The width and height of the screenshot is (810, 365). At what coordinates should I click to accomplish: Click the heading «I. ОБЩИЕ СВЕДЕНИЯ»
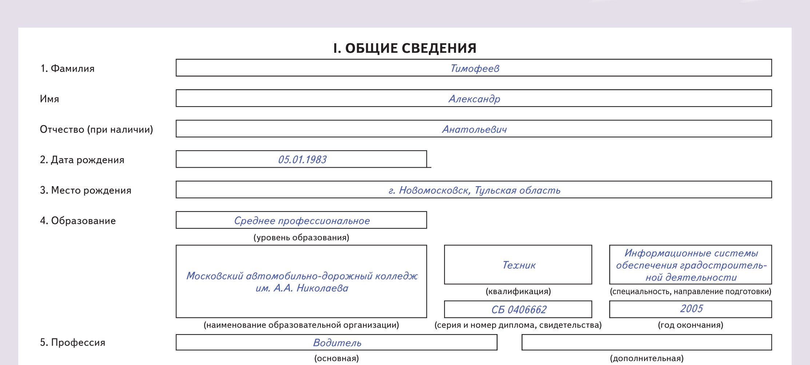404,48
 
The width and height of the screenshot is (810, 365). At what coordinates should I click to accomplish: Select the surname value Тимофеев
475,68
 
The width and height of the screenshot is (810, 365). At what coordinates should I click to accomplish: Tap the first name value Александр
474,99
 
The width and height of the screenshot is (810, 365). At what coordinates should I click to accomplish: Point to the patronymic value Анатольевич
474,129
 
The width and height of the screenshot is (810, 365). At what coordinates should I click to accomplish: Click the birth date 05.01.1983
302,160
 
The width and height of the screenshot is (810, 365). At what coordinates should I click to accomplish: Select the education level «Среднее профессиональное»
302,221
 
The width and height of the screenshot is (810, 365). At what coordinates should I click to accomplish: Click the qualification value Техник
519,265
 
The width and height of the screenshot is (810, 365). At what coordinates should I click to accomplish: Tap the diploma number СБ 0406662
519,310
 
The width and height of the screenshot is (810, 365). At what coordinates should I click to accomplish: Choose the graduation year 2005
691,309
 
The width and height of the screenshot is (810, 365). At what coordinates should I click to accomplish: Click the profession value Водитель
337,343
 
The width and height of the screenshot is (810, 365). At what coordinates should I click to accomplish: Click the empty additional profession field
646,342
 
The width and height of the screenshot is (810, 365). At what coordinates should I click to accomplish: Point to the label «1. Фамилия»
67,69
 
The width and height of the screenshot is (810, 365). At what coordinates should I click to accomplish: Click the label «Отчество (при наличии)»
96,129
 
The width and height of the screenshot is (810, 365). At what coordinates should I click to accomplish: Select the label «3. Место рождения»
85,190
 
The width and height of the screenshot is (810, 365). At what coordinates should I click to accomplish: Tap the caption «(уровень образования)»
301,238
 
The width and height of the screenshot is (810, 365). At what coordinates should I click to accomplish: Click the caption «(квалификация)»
518,292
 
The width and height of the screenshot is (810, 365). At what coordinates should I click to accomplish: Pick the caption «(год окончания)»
690,325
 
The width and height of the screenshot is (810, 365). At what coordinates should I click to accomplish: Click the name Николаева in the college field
322,288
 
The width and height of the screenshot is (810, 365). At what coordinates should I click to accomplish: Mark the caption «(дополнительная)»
647,358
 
